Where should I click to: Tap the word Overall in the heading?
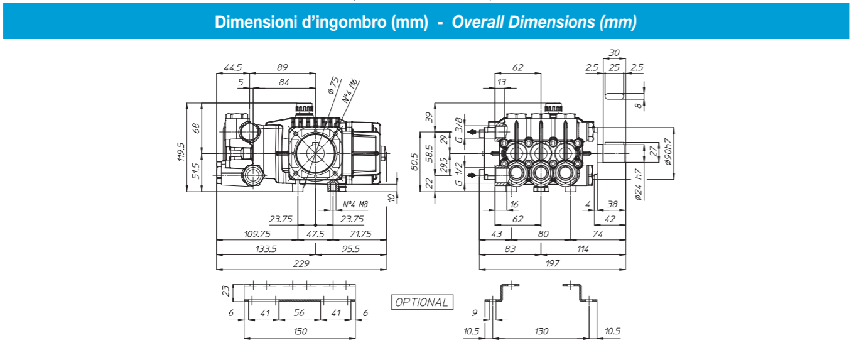pyautogui.click(x=478, y=23)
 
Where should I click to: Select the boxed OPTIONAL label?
pyautogui.click(x=421, y=302)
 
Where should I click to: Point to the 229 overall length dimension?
pyautogui.click(x=301, y=264)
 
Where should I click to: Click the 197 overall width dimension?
pyautogui.click(x=552, y=264)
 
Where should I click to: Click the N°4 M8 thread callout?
pyautogui.click(x=355, y=204)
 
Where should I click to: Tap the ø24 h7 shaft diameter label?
pyautogui.click(x=639, y=185)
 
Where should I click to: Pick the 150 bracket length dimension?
pyautogui.click(x=300, y=331)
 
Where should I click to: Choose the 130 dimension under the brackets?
pyautogui.click(x=541, y=331)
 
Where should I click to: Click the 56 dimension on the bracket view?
pyautogui.click(x=299, y=312)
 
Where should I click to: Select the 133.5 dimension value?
pyautogui.click(x=266, y=248)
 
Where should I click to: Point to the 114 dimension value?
pyautogui.click(x=583, y=248)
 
